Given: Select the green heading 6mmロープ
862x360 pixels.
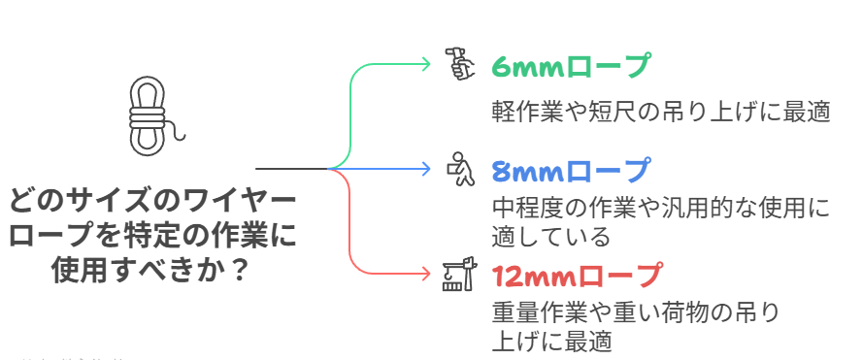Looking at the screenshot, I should pyautogui.click(x=572, y=67).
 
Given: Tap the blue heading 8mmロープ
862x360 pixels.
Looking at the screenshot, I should pyautogui.click(x=572, y=171).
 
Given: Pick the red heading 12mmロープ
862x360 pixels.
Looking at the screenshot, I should pyautogui.click(x=579, y=276).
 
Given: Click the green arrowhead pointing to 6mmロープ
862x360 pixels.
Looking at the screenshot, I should pyautogui.click(x=424, y=64).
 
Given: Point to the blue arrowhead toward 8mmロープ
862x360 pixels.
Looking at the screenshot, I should pyautogui.click(x=424, y=169).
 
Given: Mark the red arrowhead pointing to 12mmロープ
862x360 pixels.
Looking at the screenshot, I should pyautogui.click(x=424, y=274).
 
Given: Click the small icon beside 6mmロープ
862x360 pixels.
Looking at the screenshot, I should pyautogui.click(x=458, y=64).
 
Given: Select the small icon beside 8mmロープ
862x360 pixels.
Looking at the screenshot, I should pyautogui.click(x=458, y=169).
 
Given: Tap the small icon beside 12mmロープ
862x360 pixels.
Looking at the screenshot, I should pyautogui.click(x=457, y=276).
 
